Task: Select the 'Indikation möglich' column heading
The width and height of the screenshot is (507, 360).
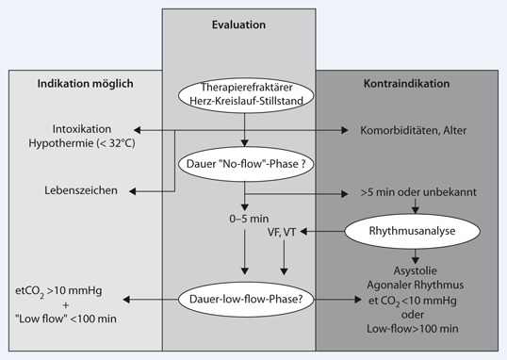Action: coord(86,84)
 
